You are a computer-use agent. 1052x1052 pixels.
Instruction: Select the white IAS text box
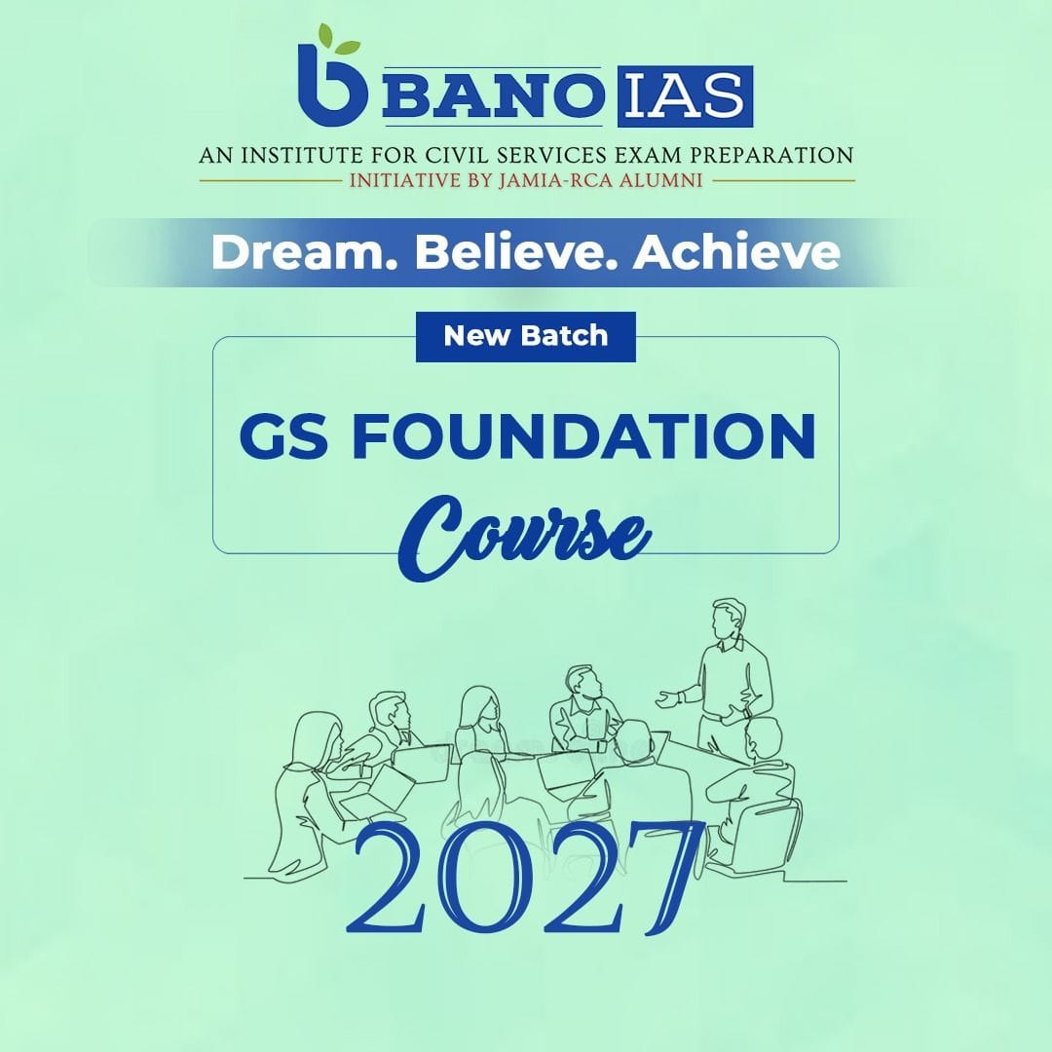pyautogui.click(x=685, y=96)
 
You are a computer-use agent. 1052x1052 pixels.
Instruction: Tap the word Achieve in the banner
pyautogui.click(x=736, y=252)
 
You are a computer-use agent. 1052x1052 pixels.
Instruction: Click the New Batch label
pyautogui.click(x=526, y=336)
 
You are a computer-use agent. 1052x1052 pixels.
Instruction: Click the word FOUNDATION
pyautogui.click(x=583, y=436)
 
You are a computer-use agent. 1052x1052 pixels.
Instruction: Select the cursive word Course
pyautogui.click(x=524, y=538)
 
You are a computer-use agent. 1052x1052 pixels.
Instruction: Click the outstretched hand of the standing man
pyautogui.click(x=666, y=699)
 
